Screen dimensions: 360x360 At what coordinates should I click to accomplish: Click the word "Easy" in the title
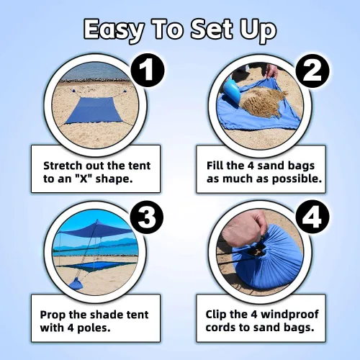[114, 30]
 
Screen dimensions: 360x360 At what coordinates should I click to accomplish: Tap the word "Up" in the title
[258, 30]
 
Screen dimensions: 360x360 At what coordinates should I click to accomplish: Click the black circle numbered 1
[148, 71]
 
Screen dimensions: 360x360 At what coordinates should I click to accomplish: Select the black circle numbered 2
[312, 71]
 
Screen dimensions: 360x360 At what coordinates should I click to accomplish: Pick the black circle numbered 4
[312, 217]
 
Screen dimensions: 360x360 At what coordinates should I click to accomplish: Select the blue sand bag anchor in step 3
[76, 284]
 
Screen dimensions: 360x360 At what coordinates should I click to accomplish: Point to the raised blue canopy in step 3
[96, 230]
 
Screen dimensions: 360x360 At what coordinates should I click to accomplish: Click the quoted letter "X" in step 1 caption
[83, 179]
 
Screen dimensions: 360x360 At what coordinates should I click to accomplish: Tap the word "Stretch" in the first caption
[63, 166]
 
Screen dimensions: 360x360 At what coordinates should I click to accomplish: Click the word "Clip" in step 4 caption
[215, 315]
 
